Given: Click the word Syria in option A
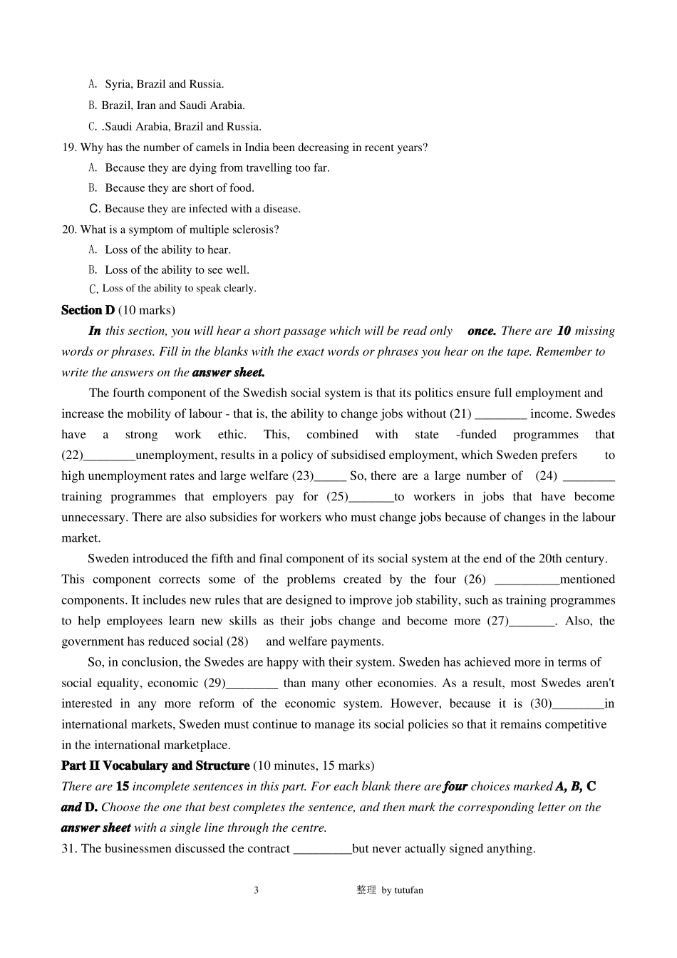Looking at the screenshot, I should tap(119, 84).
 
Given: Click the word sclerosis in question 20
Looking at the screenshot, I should tap(255, 230).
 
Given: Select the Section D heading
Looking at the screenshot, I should tap(88, 310).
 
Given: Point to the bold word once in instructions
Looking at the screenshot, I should tap(482, 331).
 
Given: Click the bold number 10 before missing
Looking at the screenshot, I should tap(564, 331).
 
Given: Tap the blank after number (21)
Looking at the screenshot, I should tap(500, 414).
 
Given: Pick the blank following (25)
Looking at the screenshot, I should tap(371, 497).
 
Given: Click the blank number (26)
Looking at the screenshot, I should tap(527, 580).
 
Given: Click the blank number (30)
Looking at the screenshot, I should tap(578, 704).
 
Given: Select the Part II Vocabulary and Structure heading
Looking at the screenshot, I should tap(155, 766).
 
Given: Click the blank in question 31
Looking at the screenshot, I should tap(322, 849).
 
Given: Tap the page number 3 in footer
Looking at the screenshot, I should tap(257, 890).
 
